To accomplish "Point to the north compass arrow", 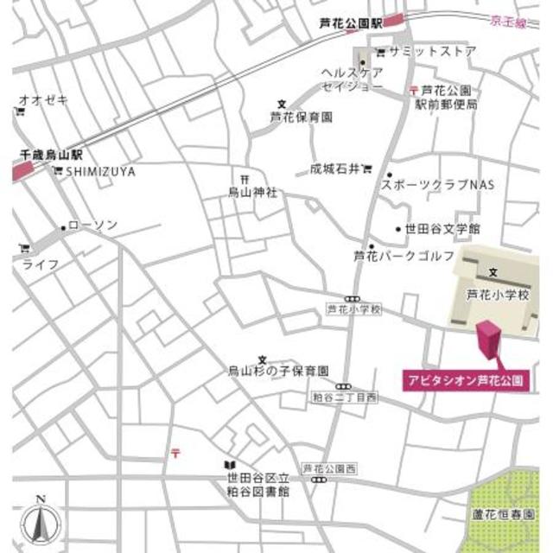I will pos(39,517).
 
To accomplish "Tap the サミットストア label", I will pos(431,52).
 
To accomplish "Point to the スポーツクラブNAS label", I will pos(431,186).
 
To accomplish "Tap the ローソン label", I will pos(92,226).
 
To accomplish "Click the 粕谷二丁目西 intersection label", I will pos(345,398).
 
